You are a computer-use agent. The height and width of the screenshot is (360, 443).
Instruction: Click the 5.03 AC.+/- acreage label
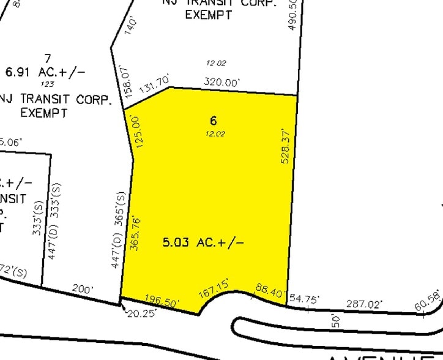203,242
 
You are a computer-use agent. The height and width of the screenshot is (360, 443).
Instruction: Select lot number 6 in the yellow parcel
213,121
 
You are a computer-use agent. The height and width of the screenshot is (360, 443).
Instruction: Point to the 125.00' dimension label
137,130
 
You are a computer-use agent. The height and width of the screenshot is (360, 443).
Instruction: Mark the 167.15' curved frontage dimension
214,288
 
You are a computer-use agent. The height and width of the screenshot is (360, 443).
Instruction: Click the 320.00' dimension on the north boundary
222,81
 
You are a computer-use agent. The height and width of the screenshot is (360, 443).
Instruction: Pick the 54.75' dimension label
304,298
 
